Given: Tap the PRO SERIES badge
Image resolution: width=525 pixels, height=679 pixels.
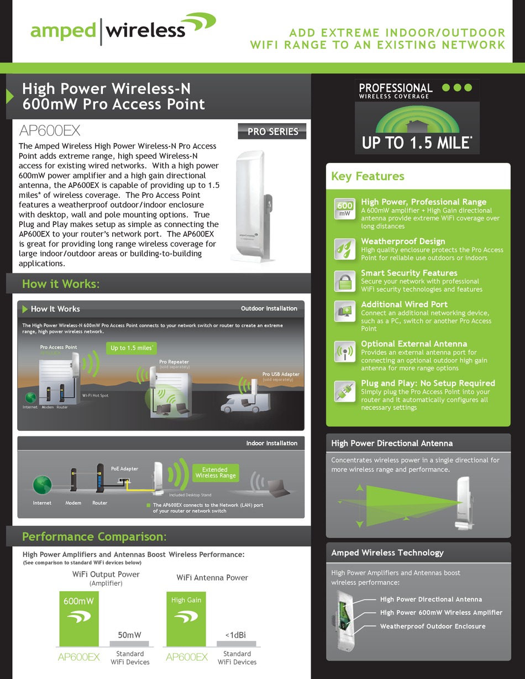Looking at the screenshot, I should pyautogui.click(x=272, y=132).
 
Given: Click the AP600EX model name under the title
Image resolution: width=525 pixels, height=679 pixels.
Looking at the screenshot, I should pyautogui.click(x=50, y=131).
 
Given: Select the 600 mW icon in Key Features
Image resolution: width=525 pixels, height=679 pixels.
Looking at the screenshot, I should pyautogui.click(x=344, y=209).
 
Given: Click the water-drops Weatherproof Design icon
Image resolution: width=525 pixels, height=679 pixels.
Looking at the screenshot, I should pyautogui.click(x=344, y=249).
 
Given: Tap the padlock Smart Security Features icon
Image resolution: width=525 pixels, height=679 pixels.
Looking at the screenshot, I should pyautogui.click(x=344, y=281).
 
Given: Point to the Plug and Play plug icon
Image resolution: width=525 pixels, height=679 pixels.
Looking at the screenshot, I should pyautogui.click(x=344, y=391).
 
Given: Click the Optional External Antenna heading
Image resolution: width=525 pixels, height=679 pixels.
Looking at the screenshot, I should pyautogui.click(x=414, y=344).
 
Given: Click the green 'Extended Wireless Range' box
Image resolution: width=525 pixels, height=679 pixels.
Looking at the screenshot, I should pyautogui.click(x=216, y=472).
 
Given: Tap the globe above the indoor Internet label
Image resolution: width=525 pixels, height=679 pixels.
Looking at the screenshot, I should pyautogui.click(x=42, y=485).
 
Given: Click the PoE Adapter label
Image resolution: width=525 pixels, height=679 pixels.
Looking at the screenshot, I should pyautogui.click(x=124, y=469).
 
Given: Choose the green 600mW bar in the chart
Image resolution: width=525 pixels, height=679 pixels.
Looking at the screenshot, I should pyautogui.click(x=78, y=619).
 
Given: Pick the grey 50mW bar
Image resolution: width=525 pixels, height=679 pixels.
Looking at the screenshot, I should pyautogui.click(x=129, y=643).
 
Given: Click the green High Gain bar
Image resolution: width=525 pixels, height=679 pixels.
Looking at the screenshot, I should pyautogui.click(x=186, y=619).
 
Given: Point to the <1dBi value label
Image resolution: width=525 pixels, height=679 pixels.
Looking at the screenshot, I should pyautogui.click(x=237, y=635).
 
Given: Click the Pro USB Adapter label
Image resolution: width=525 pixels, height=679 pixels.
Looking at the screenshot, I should pyautogui.click(x=281, y=374).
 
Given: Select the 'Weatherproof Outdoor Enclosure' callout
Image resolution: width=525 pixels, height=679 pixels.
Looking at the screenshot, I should pyautogui.click(x=433, y=626).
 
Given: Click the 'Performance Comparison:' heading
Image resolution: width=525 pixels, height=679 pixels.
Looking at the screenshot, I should pyautogui.click(x=94, y=536).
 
